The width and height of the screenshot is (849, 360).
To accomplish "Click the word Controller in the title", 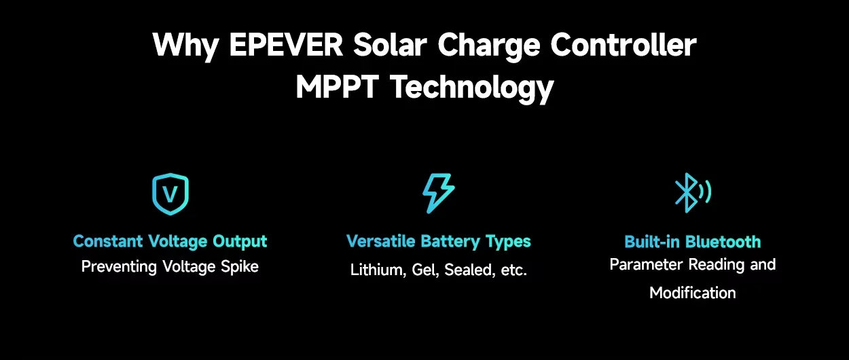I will [623, 46].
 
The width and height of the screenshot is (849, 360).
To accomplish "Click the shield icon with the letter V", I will [170, 194].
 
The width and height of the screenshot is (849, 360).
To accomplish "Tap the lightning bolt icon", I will [438, 194].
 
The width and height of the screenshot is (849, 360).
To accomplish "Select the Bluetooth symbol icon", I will [691, 193].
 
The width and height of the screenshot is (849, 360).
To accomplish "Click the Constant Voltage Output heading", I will [170, 241].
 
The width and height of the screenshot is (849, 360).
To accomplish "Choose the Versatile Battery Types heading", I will [438, 241].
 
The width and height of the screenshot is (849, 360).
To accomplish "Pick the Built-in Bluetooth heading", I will [692, 242].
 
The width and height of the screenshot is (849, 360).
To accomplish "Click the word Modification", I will [692, 293].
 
